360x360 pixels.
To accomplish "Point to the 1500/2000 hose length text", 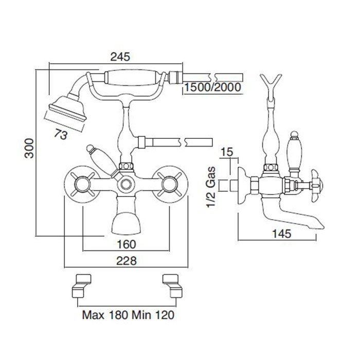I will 212,87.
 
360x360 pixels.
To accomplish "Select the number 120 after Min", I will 165,315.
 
